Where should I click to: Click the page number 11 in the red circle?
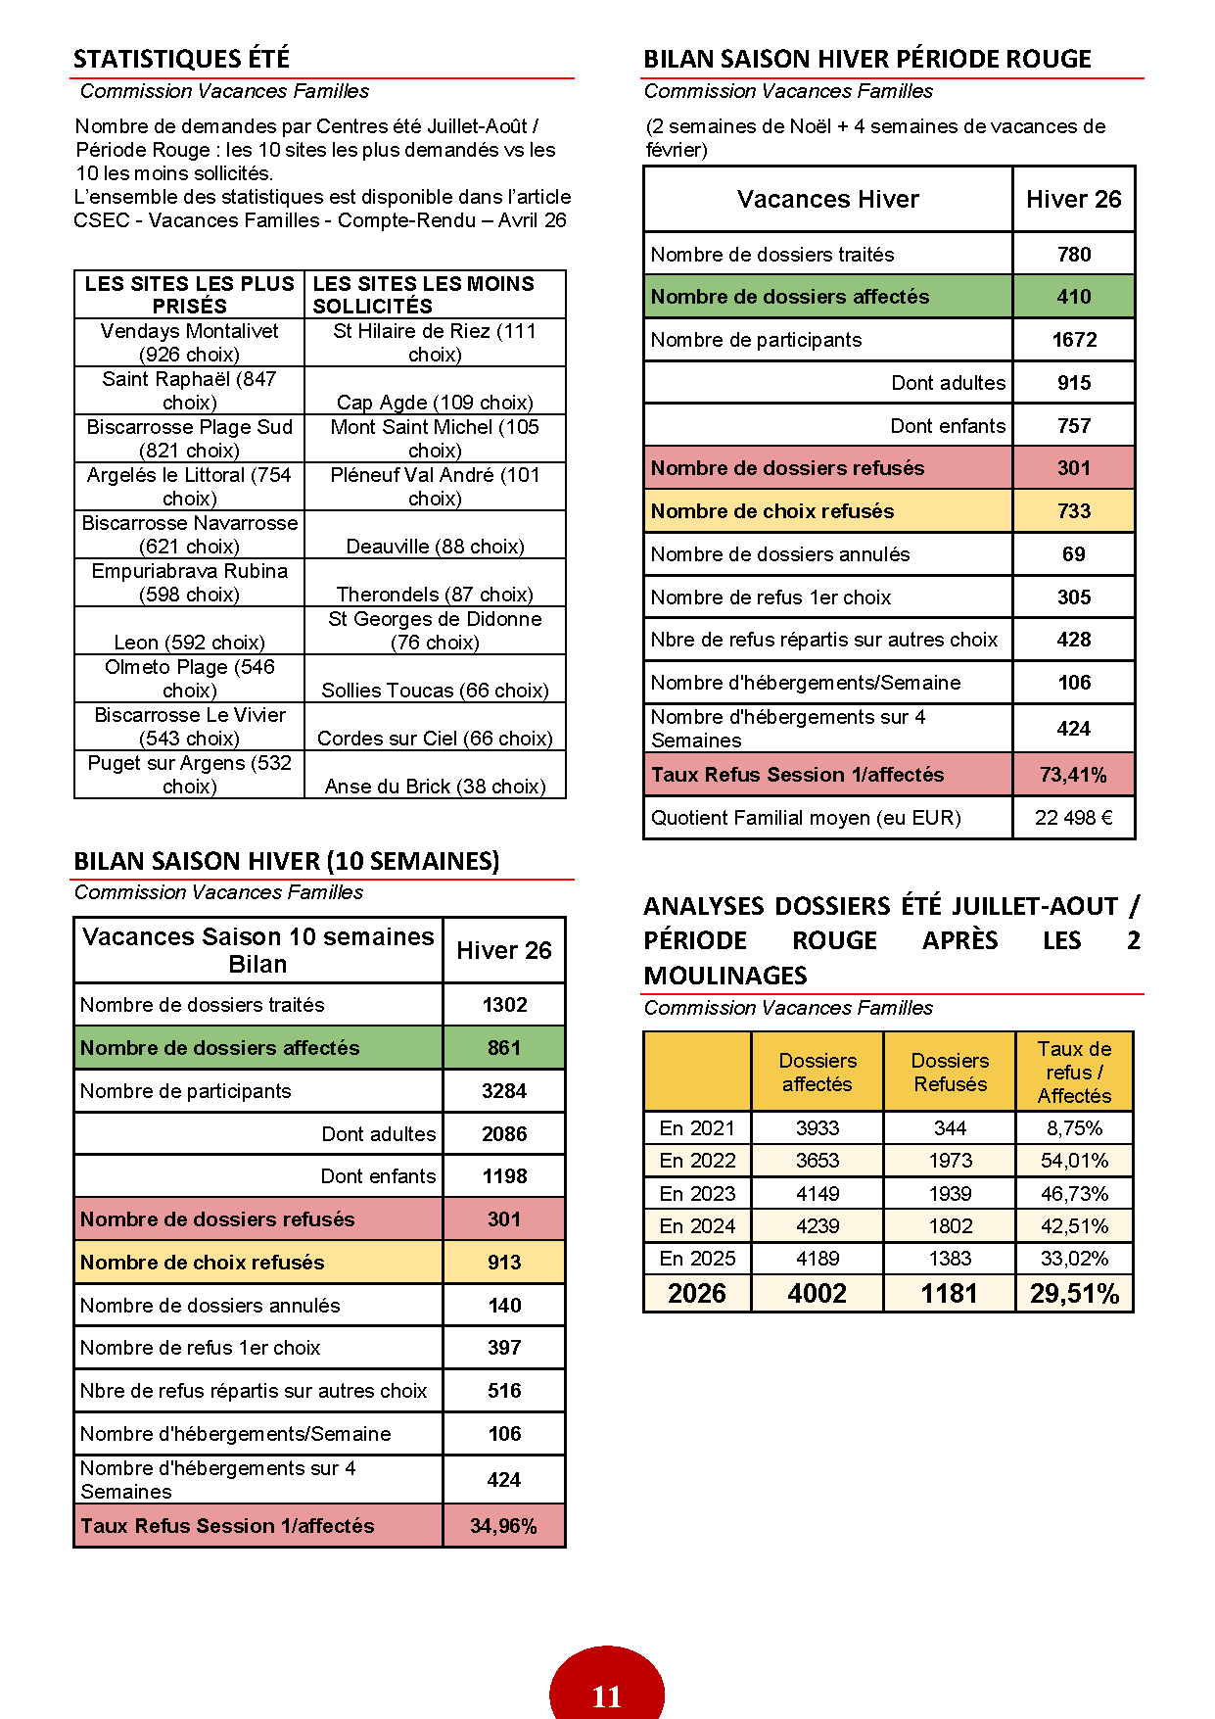tap(606, 1695)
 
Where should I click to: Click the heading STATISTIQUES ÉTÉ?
tap(181, 59)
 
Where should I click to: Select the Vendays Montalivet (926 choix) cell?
tap(189, 343)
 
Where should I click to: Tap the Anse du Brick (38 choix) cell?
tap(435, 786)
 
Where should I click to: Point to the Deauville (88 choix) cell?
tap(435, 546)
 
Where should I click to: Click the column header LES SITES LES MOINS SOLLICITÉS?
tap(423, 294)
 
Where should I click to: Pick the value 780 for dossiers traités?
tap(1073, 255)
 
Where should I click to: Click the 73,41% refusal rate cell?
tap(1073, 775)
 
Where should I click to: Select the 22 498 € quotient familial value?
tap(1073, 818)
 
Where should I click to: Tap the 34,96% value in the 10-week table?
tap(503, 1526)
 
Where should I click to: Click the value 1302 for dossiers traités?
tap(504, 1005)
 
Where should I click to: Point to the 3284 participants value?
tap(504, 1091)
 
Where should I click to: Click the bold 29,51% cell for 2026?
tap(1074, 1294)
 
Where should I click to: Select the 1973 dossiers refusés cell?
tap(950, 1161)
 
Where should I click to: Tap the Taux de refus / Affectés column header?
tap(1074, 1072)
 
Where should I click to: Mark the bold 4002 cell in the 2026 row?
tap(817, 1294)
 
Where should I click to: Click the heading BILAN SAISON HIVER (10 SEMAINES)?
tap(286, 861)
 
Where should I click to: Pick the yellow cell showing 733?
tap(1073, 511)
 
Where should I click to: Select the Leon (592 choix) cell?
tap(189, 642)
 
